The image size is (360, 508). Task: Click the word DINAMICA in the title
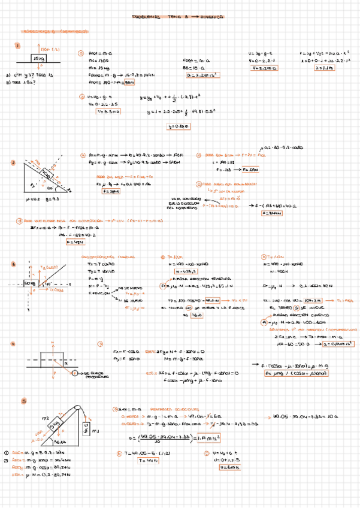(211, 17)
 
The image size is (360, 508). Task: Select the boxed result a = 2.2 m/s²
(201, 76)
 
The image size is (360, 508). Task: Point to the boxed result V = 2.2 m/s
(262, 68)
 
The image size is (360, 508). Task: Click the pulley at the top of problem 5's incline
(78, 408)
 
